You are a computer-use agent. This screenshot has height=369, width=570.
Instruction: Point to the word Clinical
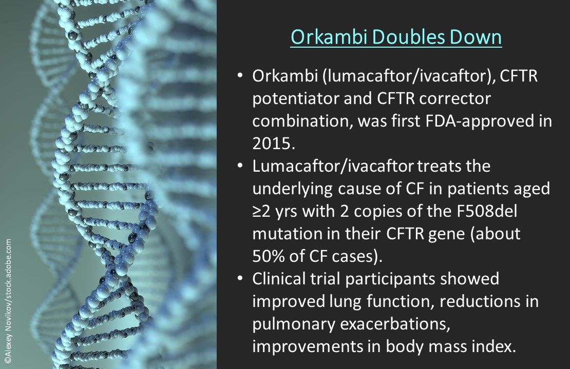click(x=279, y=279)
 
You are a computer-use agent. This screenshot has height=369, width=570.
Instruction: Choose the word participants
click(x=390, y=279)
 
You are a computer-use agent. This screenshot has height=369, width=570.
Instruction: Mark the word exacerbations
click(x=395, y=324)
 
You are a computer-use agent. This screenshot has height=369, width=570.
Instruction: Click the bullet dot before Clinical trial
click(x=240, y=279)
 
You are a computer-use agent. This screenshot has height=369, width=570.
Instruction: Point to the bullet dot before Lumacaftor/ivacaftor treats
click(x=240, y=166)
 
